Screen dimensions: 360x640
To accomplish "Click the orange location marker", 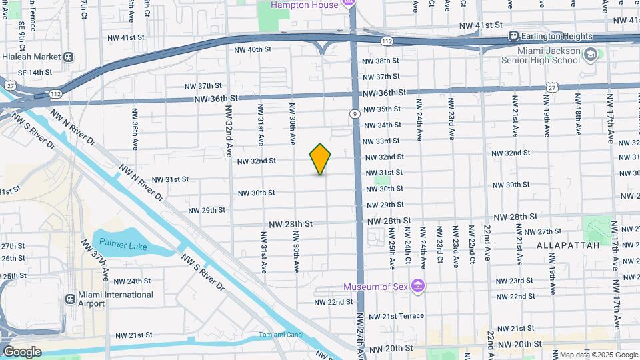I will [321, 159].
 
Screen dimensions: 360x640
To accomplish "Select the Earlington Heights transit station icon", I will [514, 36].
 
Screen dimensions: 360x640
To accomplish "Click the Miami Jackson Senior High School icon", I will [589, 54].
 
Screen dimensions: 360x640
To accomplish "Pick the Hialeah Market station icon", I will [68, 57].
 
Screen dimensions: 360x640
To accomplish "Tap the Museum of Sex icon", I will [418, 287].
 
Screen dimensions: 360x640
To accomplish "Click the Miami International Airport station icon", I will [70, 299].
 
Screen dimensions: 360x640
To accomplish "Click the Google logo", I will [21, 351].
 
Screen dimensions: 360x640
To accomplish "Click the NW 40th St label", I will [253, 49].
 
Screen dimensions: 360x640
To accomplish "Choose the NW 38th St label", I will [381, 61].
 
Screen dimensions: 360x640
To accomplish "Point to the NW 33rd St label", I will [382, 141].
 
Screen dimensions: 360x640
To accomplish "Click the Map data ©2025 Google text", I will [597, 355].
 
